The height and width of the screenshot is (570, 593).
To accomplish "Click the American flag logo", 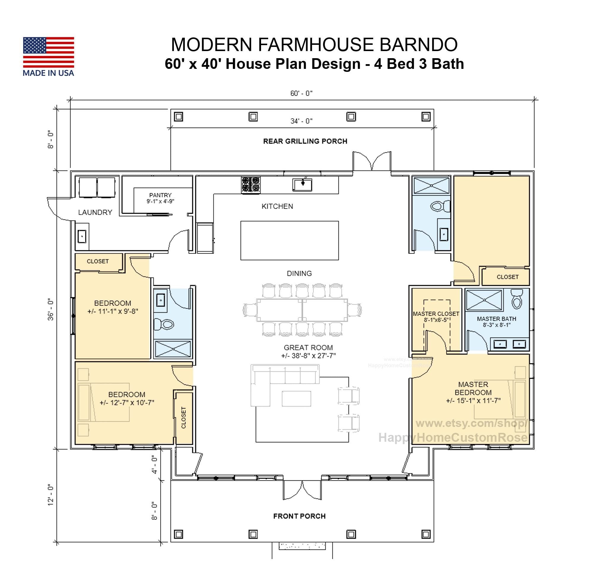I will coord(48,52).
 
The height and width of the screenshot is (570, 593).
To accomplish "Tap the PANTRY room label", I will coord(160,195).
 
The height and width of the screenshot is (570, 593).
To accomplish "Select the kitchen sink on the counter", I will coord(302,184).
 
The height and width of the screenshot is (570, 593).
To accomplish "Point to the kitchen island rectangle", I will coord(289,240).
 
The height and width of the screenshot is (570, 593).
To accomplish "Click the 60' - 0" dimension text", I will coord(301,93).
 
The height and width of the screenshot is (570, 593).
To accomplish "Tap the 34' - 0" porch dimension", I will coord(301,121).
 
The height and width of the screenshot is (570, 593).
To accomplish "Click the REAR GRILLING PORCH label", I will coord(305,141).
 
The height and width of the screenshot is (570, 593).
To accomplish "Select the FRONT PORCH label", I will coord(299,517).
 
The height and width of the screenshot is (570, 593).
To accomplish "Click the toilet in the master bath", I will coord(517,299).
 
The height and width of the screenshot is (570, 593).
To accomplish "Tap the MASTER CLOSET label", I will coord(436,314).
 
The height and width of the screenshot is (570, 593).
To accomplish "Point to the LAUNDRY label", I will coord(95,213).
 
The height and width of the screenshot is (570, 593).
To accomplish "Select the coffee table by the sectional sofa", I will coord(296,399).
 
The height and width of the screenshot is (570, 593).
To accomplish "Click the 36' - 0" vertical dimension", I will coord(50,309).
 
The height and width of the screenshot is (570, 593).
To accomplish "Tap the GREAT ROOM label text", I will coord(308,348).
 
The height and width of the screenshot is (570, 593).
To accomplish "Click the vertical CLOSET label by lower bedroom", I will coord(184,418).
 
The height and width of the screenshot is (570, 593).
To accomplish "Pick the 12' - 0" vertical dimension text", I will coord(50,495).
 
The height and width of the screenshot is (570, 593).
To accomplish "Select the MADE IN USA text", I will coord(48,73).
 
